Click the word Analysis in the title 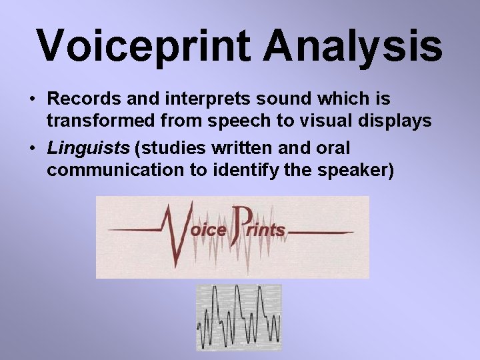pos(353,45)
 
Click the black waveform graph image pos(239,317)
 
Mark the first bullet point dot pos(32,100)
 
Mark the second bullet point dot pos(32,148)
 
